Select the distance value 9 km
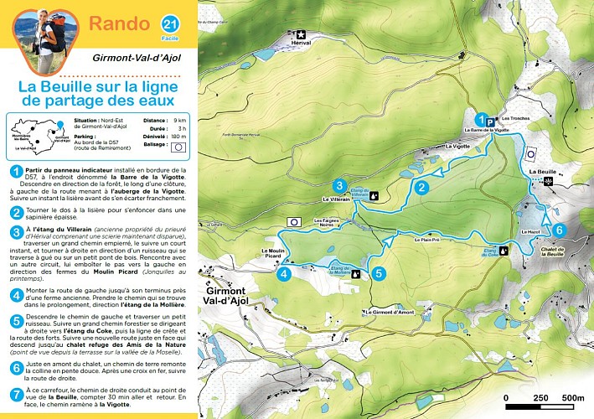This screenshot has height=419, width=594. pyautogui.click(x=178, y=121)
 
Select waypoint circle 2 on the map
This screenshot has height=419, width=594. pyautogui.click(x=422, y=187)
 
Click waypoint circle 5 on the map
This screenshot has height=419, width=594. pyautogui.click(x=379, y=272)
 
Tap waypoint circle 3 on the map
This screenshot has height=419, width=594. pyautogui.click(x=339, y=185)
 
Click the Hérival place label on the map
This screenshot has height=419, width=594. pyautogui.click(x=299, y=42)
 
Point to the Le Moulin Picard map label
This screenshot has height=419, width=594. pyautogui.click(x=276, y=254)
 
